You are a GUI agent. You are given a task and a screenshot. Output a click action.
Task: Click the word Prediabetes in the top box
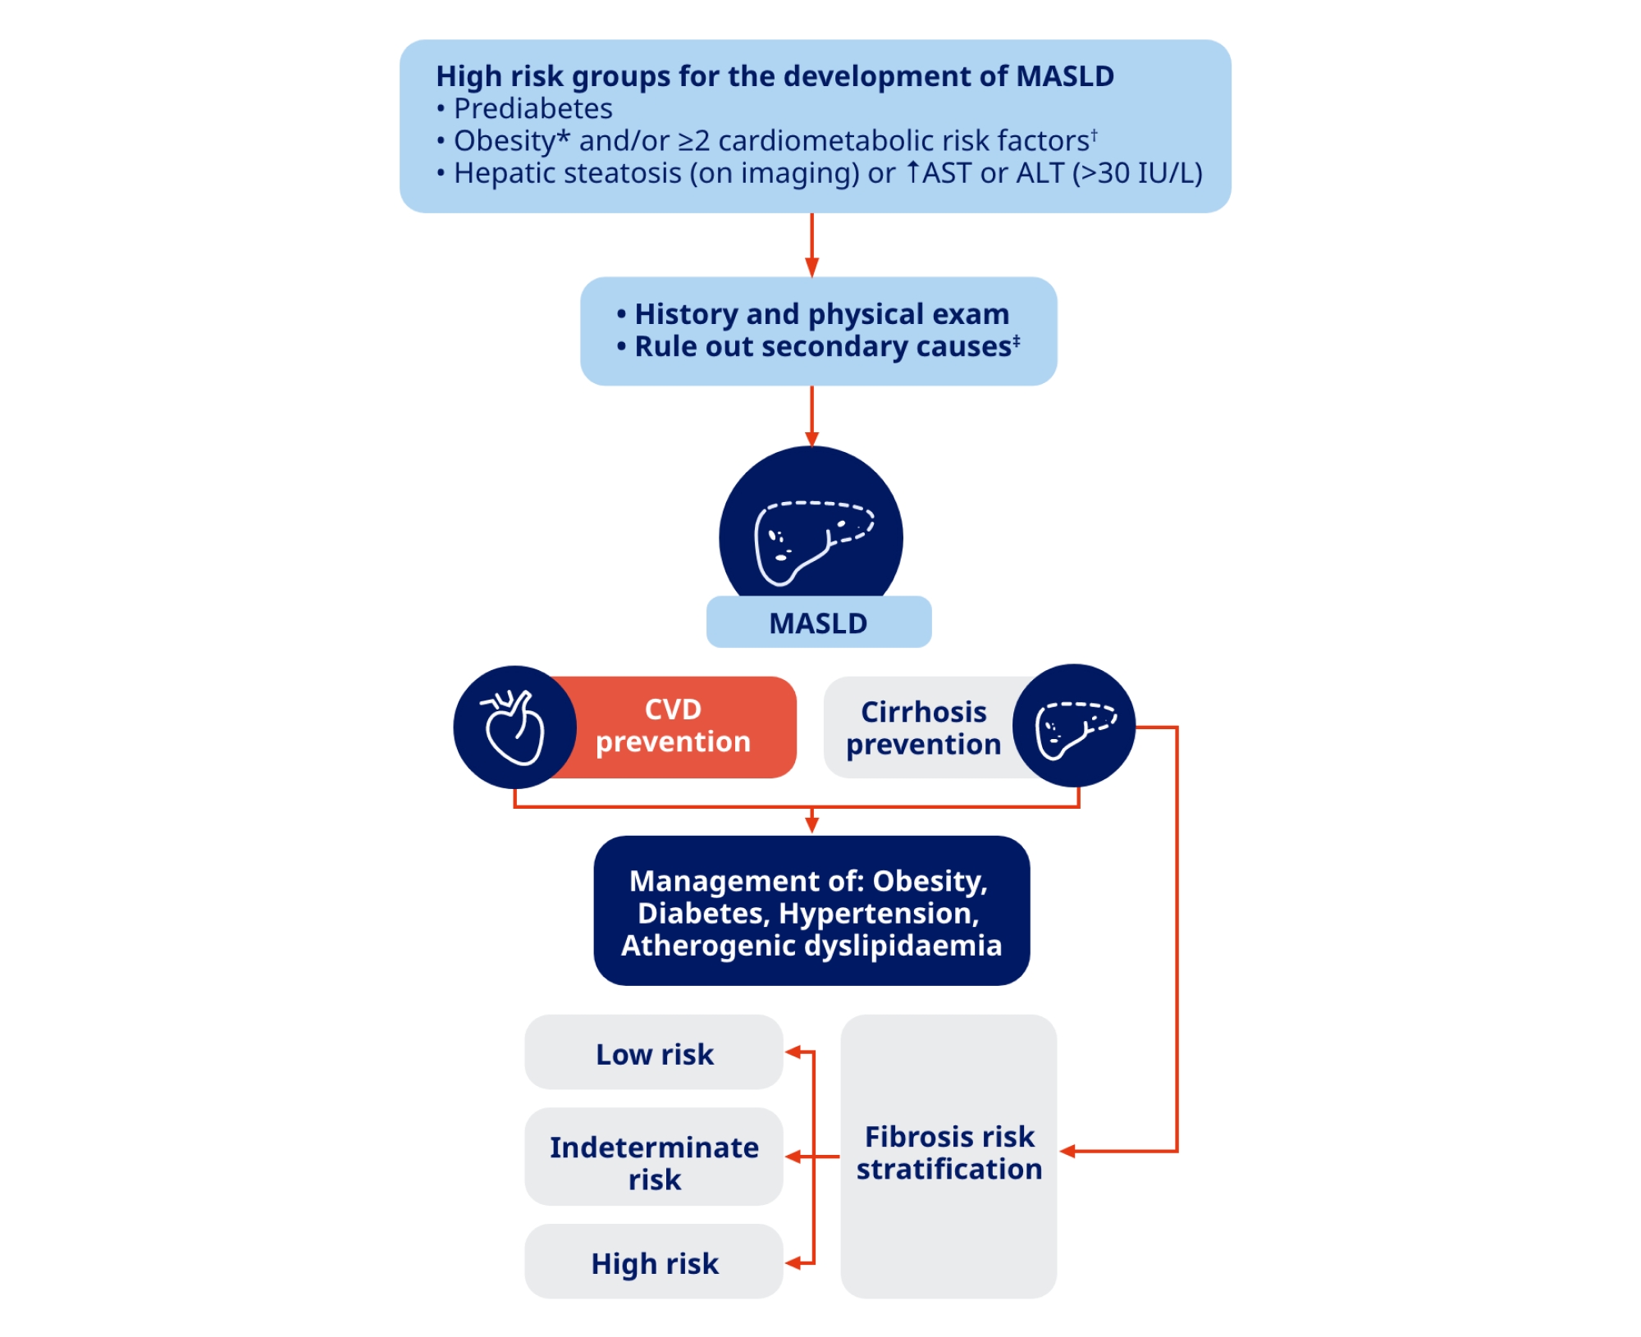[x=533, y=109]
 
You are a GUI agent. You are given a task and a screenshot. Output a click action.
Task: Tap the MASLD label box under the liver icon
[x=818, y=623]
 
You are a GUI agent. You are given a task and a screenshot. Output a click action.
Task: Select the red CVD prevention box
[x=673, y=726]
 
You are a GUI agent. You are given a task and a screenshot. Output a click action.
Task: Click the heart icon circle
[x=514, y=727]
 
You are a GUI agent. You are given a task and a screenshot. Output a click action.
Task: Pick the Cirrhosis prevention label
[x=923, y=728]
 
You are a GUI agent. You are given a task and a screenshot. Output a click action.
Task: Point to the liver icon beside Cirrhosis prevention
[x=1074, y=726]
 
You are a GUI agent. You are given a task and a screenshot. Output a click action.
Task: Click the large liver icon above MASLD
[x=811, y=537]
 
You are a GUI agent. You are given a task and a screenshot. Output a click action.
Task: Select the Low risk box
[x=654, y=1053]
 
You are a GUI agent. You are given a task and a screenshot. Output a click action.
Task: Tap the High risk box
[x=654, y=1263]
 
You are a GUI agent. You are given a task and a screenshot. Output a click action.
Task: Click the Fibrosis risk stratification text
[x=949, y=1152]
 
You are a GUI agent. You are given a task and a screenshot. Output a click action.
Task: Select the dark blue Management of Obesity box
[x=811, y=911]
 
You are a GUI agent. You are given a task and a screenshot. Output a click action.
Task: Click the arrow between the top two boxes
[x=811, y=246]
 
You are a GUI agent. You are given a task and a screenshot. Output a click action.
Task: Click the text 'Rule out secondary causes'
[x=823, y=347]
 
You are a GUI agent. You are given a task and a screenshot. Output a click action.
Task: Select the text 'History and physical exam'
[x=821, y=314]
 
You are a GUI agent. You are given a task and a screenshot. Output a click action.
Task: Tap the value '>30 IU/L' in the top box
[x=1137, y=174]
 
